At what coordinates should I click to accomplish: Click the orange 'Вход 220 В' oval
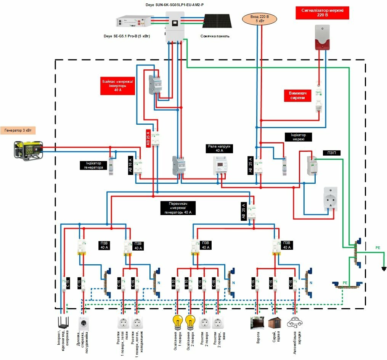[x=259, y=19]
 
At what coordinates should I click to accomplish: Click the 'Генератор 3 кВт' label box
[x=18, y=130]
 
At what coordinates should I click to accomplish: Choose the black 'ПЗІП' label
[x=331, y=153]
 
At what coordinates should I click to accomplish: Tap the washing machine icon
[x=83, y=323]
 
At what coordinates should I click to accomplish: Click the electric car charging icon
[x=294, y=322]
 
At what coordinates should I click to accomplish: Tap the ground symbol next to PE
[x=384, y=268]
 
